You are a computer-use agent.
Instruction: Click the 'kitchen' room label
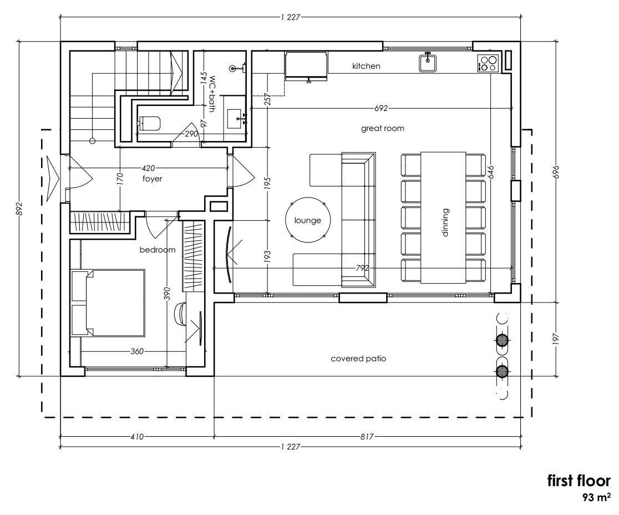coord(366,66)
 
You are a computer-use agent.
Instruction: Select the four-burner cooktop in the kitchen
coord(488,63)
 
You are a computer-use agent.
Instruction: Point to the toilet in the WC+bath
coord(150,123)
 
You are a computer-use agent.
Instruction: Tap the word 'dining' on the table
coord(445,222)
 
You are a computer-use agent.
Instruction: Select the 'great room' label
coord(382,128)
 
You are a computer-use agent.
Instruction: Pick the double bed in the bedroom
coord(108,302)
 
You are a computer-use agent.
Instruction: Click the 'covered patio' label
coord(358,359)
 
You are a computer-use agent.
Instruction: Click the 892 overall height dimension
coord(19,209)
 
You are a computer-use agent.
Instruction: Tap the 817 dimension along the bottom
coord(367,436)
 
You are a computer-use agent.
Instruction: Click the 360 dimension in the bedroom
coord(137,351)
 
